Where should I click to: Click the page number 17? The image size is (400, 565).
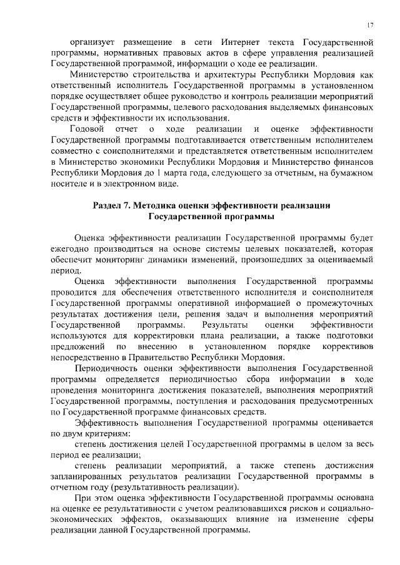click(x=370, y=25)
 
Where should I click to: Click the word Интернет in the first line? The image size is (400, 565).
click(x=233, y=42)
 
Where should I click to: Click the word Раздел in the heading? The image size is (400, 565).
click(x=109, y=205)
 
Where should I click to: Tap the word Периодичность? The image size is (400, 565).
click(x=106, y=368)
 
